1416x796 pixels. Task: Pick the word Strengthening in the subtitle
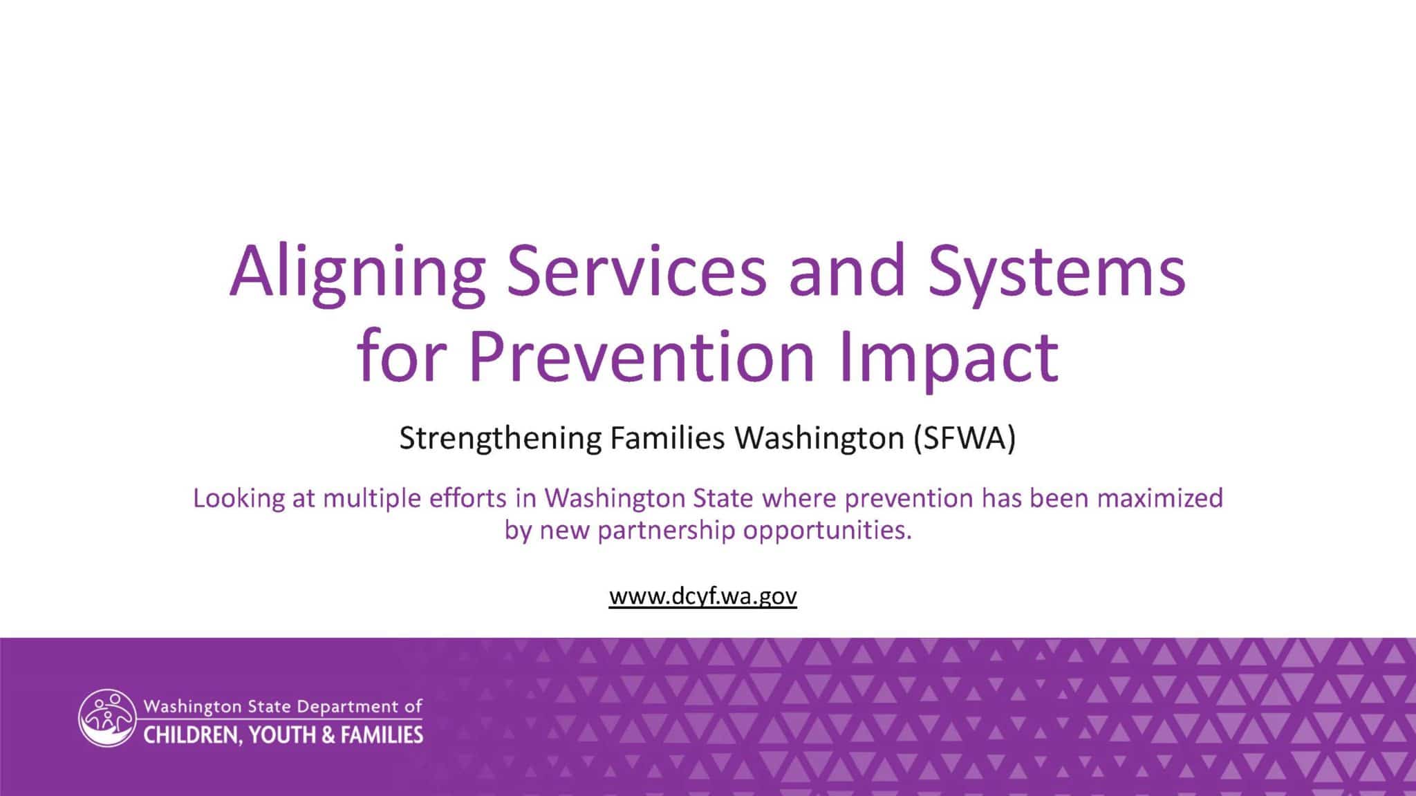(x=501, y=439)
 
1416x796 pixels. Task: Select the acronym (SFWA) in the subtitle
(x=964, y=439)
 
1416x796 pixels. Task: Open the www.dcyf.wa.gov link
(x=703, y=596)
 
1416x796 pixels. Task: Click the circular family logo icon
(x=107, y=718)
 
